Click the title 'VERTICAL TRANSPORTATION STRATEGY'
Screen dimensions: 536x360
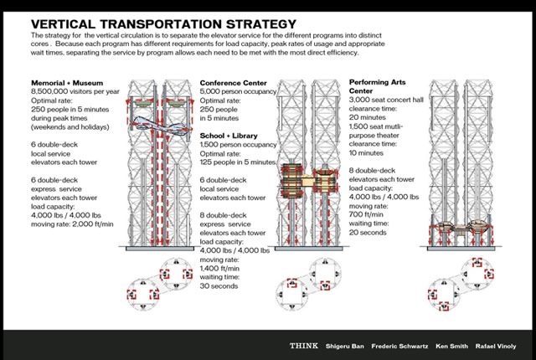[164, 24]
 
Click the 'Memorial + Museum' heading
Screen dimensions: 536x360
[67, 83]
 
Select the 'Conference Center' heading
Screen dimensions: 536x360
[233, 83]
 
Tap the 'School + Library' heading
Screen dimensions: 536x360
[229, 136]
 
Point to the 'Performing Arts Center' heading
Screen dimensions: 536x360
[378, 86]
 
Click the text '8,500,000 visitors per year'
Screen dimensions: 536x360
[75, 91]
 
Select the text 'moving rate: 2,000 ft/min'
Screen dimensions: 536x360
[72, 224]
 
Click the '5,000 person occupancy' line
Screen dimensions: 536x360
[238, 91]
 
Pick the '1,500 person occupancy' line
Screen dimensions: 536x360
[238, 145]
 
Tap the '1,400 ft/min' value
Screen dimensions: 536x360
[219, 268]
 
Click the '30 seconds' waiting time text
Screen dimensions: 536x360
[219, 285]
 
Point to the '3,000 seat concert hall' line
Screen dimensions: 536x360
[386, 100]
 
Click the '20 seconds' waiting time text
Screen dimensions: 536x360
[368, 232]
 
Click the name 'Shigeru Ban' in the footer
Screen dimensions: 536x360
[344, 346]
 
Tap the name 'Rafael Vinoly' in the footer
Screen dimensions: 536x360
[496, 346]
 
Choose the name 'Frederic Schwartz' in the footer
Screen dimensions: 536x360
[399, 346]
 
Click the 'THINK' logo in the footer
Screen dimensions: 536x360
[304, 346]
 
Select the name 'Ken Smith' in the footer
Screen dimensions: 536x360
[451, 346]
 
